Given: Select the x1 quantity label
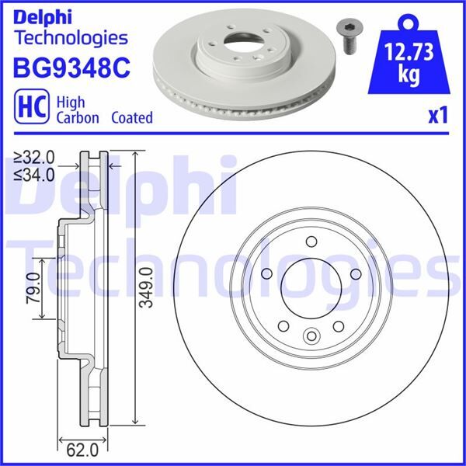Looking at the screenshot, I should click(439, 116).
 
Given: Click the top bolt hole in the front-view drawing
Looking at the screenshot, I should click(311, 241).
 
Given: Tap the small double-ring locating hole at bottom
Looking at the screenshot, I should click(311, 336).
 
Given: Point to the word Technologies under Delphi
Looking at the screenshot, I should click(70, 37).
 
